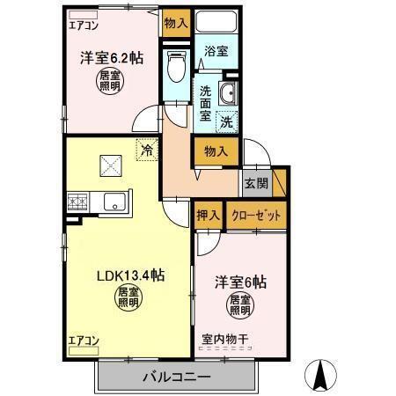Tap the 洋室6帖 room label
point(240,282)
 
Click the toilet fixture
point(175,65)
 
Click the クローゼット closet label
point(257,215)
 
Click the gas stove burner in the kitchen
point(77,202)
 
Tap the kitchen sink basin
point(115,203)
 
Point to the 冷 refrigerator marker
point(146,150)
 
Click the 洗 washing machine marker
point(226,121)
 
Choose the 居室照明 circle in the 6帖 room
point(240,305)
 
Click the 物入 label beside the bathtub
point(176,23)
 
